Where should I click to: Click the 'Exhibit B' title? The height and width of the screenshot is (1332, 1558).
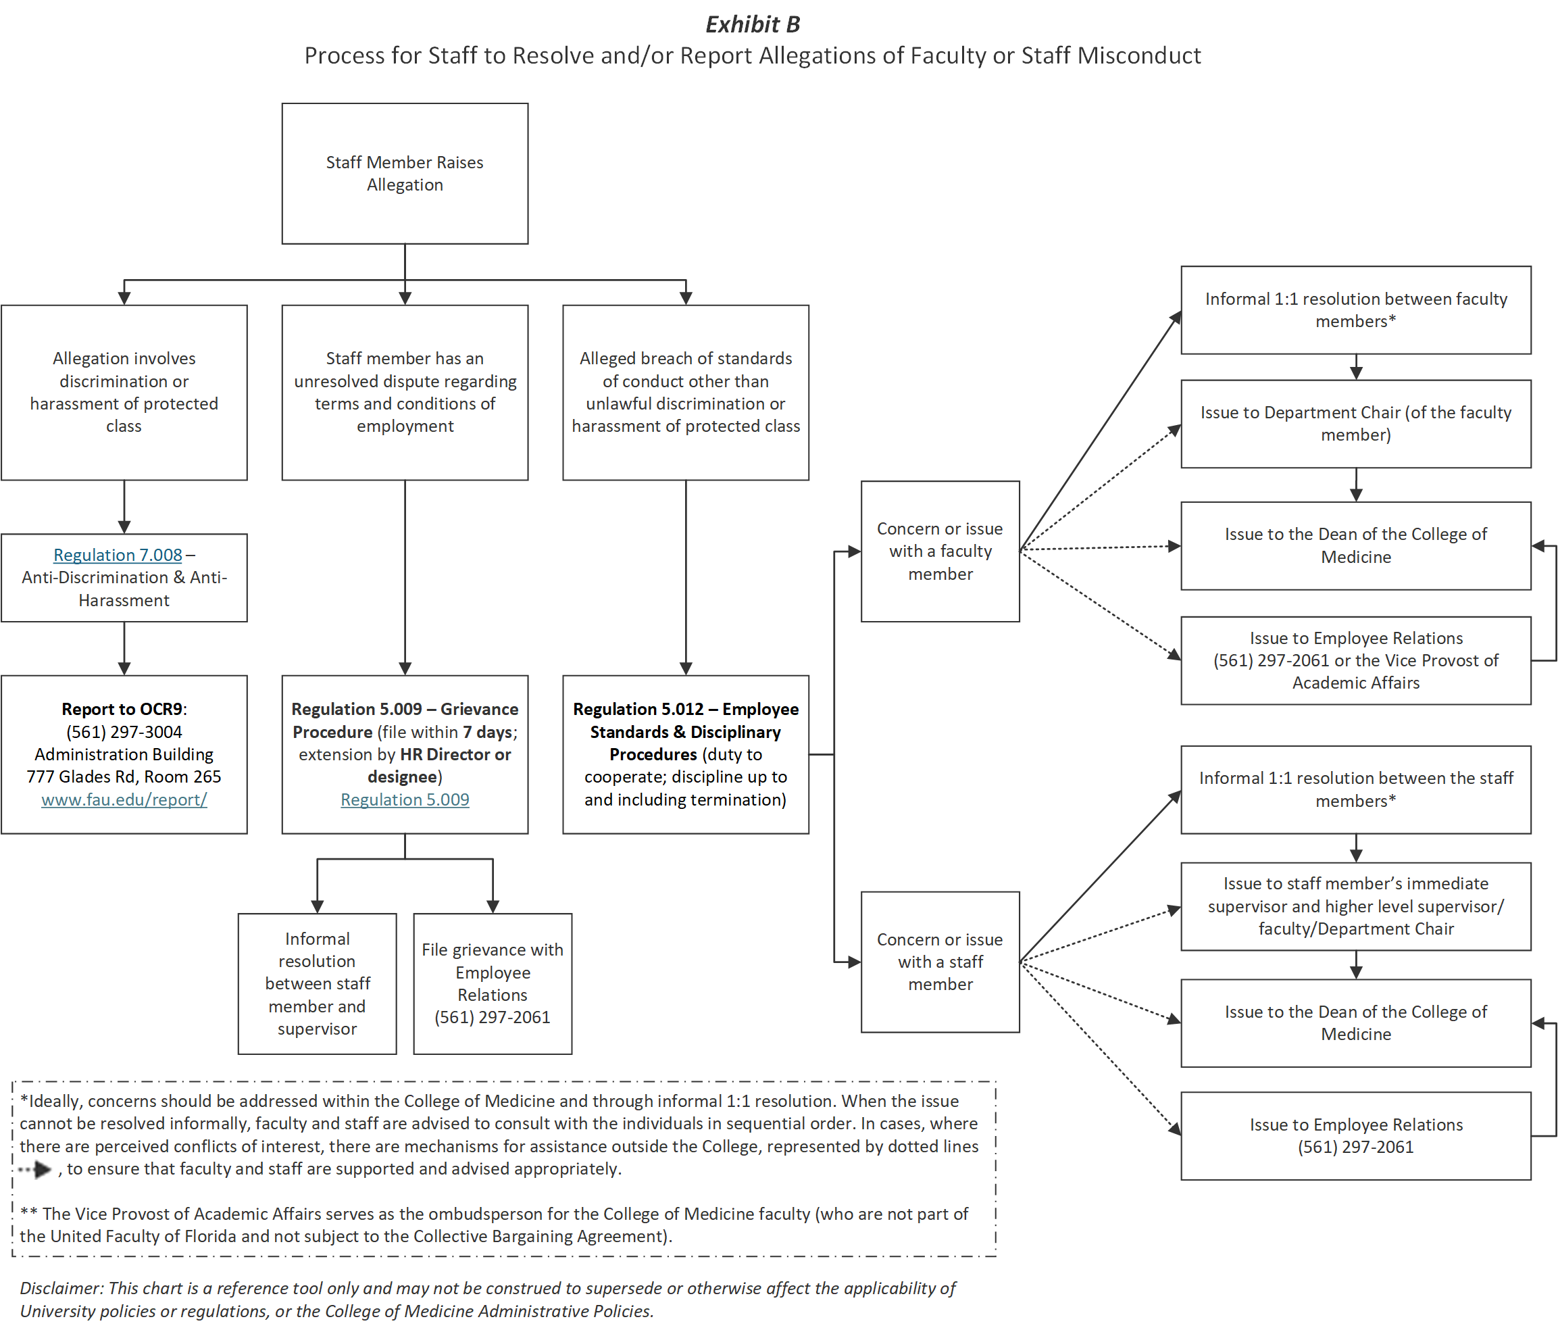[752, 25]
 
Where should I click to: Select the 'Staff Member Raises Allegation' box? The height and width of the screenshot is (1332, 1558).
[405, 174]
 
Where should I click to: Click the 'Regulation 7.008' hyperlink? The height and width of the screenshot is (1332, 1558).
[118, 555]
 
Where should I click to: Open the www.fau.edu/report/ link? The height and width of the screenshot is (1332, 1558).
[124, 799]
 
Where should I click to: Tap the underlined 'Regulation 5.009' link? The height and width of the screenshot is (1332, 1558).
[405, 799]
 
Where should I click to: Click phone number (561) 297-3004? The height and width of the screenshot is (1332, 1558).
[124, 732]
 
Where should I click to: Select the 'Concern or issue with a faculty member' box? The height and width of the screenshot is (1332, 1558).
[939, 551]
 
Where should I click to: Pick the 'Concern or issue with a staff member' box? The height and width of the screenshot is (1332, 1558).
[939, 962]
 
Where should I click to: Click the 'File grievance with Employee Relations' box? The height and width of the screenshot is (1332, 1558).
[493, 983]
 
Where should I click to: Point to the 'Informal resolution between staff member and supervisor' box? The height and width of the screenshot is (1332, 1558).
[317, 983]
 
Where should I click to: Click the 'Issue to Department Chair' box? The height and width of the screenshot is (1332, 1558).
[1355, 424]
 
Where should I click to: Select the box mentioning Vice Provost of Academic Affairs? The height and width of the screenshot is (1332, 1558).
[1355, 660]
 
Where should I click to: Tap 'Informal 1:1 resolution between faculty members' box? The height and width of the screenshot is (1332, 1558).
[1355, 310]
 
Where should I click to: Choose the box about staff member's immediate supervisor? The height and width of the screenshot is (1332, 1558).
[1355, 906]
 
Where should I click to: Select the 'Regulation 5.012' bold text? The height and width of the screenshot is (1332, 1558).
[638, 709]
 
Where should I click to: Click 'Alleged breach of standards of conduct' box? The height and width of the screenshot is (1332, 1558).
[685, 392]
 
